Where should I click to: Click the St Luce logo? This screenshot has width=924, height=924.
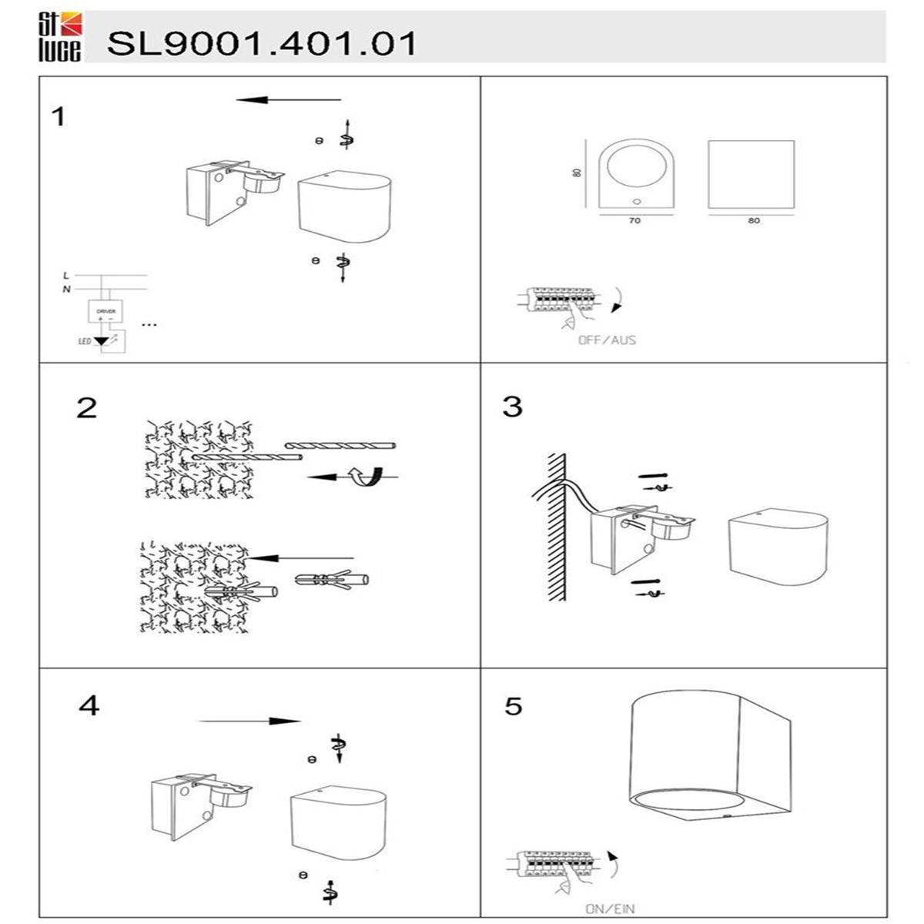click(x=59, y=37)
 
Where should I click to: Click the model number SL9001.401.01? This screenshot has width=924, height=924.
click(x=262, y=43)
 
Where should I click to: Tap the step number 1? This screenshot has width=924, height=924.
click(x=59, y=118)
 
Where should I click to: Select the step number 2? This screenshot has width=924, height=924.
click(x=87, y=407)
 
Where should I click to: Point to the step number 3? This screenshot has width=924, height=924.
click(x=512, y=407)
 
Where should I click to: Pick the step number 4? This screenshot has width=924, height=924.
click(x=89, y=705)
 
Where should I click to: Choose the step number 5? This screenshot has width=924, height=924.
click(x=514, y=706)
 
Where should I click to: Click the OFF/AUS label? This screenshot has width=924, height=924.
click(x=608, y=340)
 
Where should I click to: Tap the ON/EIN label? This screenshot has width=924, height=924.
click(x=610, y=909)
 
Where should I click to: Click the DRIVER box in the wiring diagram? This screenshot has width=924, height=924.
click(x=105, y=312)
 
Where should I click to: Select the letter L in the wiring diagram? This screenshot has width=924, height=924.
click(x=66, y=275)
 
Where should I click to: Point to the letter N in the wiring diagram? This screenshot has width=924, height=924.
click(x=66, y=290)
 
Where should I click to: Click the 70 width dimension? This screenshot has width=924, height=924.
click(x=634, y=221)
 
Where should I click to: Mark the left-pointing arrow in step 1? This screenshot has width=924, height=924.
click(x=289, y=100)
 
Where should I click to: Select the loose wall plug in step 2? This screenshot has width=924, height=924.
click(x=332, y=580)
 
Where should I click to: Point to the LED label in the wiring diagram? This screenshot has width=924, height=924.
click(x=85, y=340)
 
